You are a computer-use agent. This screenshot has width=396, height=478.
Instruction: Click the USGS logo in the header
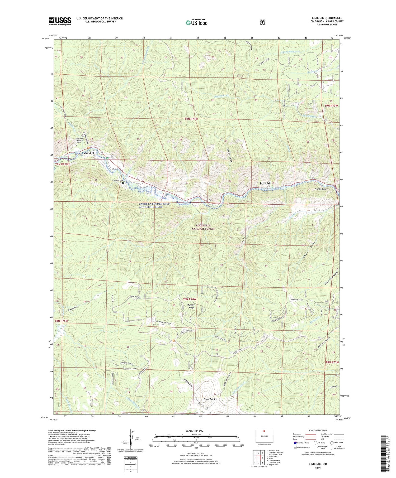point(60,21)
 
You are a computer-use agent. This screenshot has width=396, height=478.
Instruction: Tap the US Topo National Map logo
point(196,22)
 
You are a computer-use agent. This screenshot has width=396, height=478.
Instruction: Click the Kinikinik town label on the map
point(89,153)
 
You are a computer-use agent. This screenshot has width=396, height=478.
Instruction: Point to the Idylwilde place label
point(265,183)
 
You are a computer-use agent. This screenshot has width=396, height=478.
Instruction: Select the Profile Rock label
point(320,189)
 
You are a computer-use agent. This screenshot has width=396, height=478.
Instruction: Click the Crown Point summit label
point(209,399)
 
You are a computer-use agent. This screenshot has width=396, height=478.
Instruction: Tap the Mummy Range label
point(191,306)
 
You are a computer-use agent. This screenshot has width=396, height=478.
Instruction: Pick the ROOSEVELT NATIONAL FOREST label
point(203,227)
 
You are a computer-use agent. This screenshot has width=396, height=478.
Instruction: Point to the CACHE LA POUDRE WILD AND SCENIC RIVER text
point(154,205)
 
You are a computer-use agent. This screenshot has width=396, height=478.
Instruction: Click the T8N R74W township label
point(190,299)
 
